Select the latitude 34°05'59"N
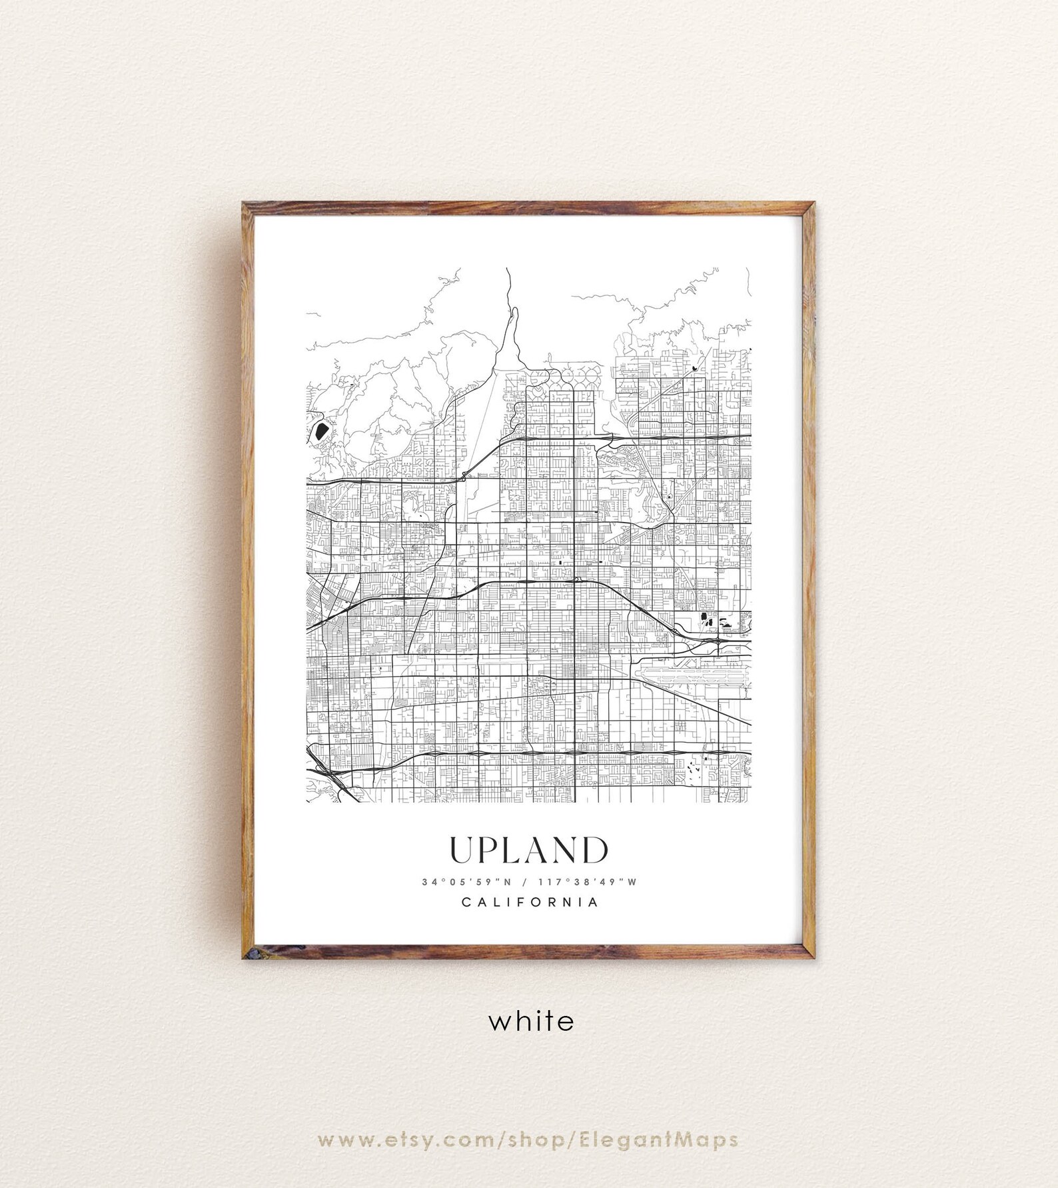(466, 882)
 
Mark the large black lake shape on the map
(320, 431)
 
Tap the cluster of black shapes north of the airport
(713, 623)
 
